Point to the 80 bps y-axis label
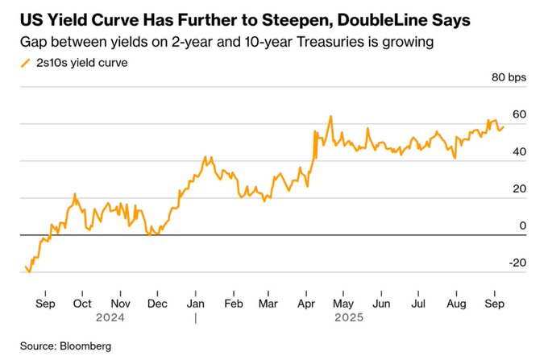(508, 77)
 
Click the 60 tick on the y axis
(518, 114)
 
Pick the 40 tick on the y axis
(518, 151)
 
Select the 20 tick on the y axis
(518, 188)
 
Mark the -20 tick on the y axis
(516, 263)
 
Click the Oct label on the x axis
(81, 304)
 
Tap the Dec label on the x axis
(157, 304)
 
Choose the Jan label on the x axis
(195, 304)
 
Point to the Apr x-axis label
(307, 304)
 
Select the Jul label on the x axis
(418, 304)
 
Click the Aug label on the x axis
(456, 304)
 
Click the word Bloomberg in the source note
(84, 346)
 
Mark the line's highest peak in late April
(330, 116)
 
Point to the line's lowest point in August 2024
(30, 272)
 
